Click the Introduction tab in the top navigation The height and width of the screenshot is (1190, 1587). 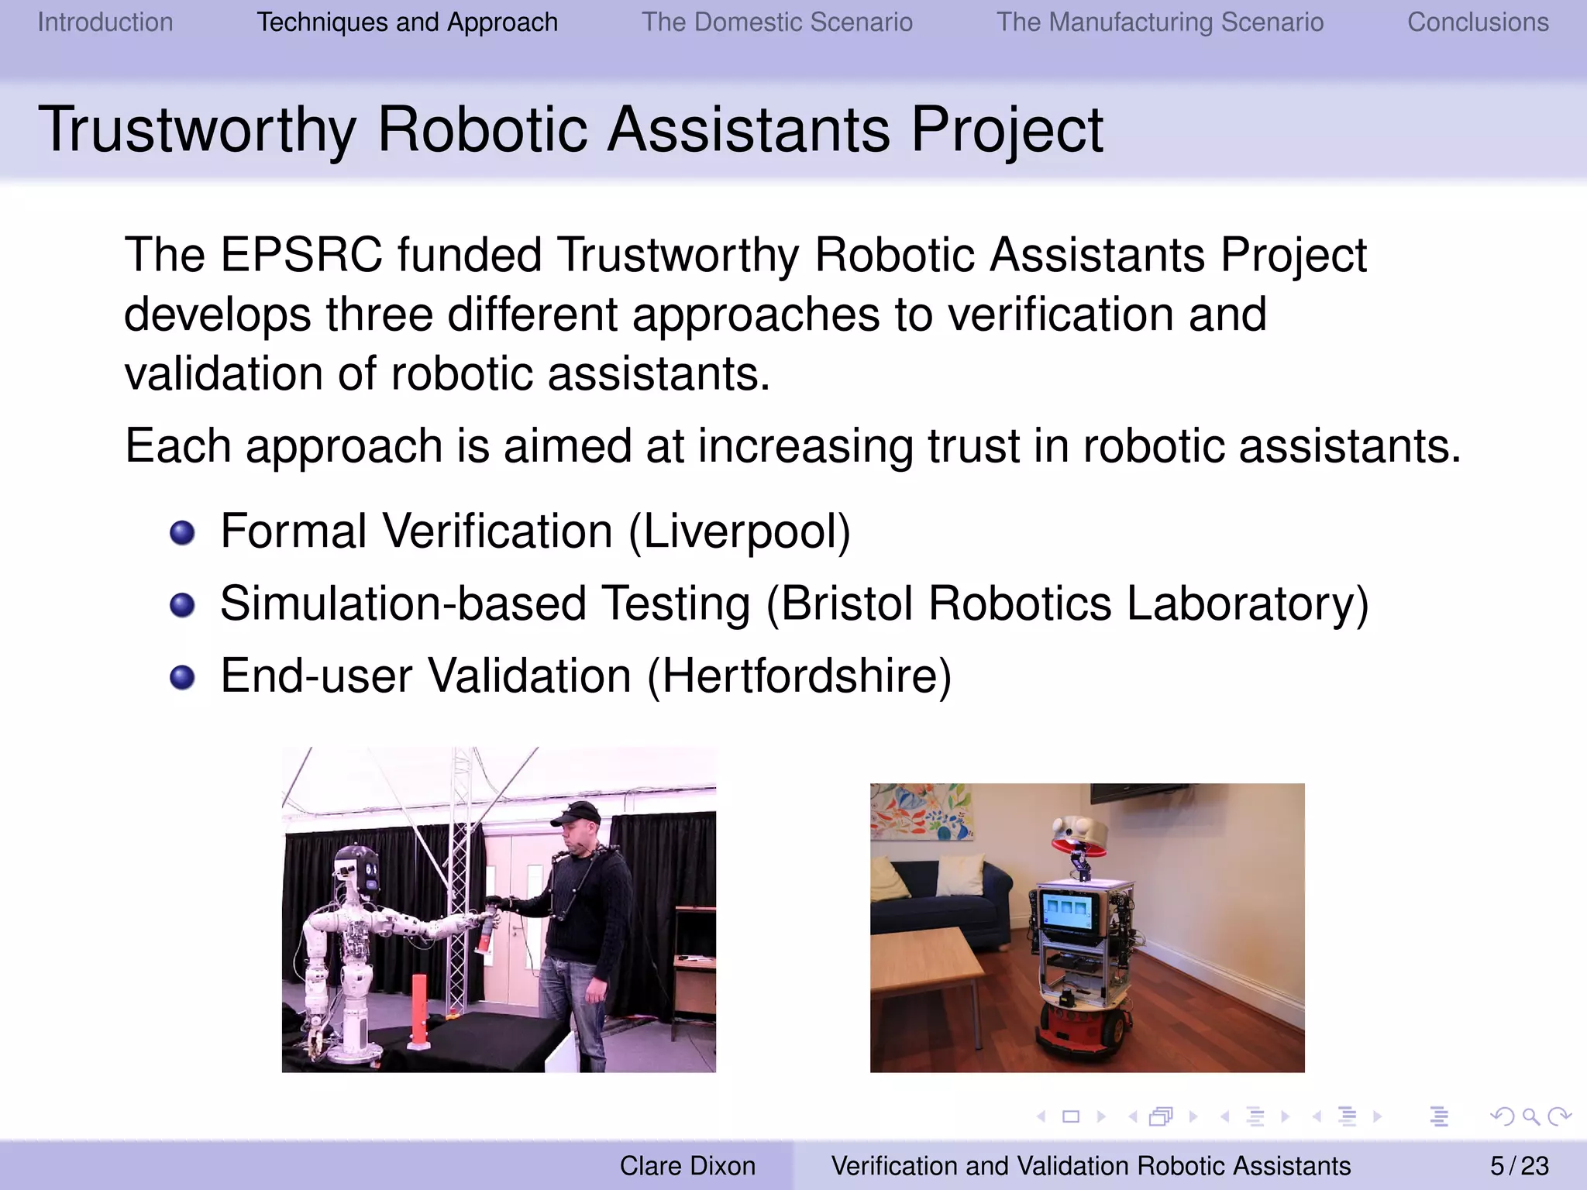pos(105,22)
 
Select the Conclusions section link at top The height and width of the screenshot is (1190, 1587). pos(1478,22)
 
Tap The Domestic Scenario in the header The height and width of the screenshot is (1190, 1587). pos(776,22)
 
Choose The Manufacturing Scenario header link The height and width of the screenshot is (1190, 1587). pos(1159,22)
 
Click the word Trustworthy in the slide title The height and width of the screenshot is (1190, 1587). pos(198,130)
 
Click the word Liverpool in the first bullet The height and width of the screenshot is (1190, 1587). pos(739,531)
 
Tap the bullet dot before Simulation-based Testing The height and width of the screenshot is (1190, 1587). pos(182,605)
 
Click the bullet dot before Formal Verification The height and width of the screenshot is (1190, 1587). pos(182,533)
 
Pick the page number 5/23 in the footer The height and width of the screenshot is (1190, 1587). pos(1519,1165)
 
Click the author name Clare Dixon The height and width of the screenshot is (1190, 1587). pos(687,1165)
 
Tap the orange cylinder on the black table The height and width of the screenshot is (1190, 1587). pos(418,1011)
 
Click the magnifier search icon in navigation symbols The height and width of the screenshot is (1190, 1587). pos(1530,1116)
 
